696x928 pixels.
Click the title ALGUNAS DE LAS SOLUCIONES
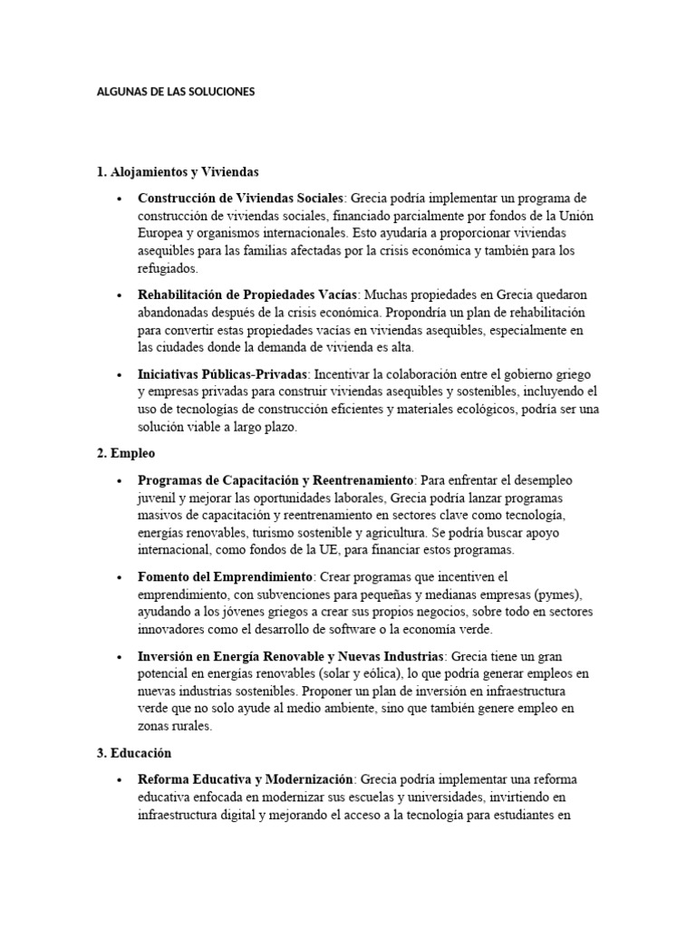pos(176,92)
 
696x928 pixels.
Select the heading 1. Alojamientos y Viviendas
pos(178,171)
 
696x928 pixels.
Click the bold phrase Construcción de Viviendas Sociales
pos(240,198)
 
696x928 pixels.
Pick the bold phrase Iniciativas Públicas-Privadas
pos(223,373)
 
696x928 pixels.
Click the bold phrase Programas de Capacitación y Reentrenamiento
pos(275,479)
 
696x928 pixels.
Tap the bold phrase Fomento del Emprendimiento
pos(225,576)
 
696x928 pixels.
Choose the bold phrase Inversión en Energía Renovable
pos(245,655)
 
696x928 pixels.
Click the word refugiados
pos(168,269)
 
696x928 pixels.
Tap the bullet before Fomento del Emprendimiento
pos(120,577)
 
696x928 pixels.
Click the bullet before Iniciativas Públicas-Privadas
pos(120,374)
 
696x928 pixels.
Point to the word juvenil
pos(159,498)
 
